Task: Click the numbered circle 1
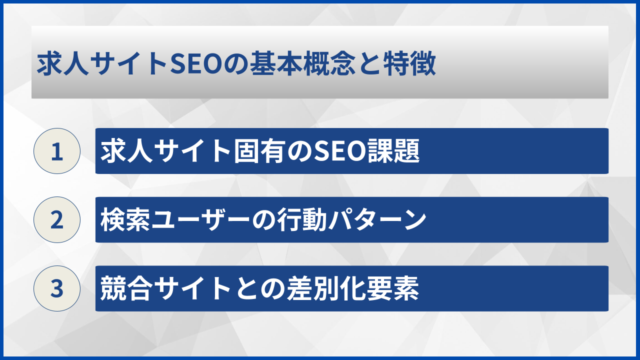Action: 57,151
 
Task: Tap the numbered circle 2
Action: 57,220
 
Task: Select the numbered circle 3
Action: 57,288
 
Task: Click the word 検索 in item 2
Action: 122,220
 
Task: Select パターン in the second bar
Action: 365,220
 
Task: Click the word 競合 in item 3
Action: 122,289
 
